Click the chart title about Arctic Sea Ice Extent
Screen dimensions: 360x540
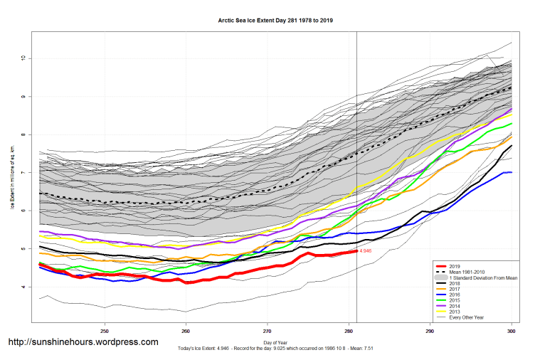click(275, 21)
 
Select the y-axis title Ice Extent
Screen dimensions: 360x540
click(12, 174)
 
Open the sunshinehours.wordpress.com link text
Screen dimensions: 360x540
click(83, 342)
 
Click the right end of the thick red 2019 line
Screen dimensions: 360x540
click(356, 251)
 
